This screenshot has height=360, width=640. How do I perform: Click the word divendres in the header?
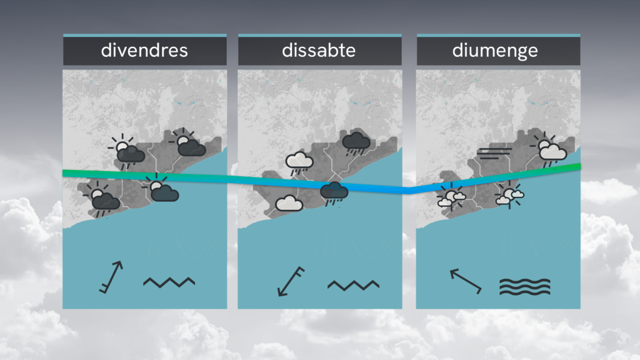coord(144,51)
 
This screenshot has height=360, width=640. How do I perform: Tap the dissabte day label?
coord(319,51)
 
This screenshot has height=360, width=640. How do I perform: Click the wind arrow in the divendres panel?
coord(111,277)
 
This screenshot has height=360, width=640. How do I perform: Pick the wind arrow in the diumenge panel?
coord(466,281)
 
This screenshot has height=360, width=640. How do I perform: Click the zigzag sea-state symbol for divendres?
coord(169,282)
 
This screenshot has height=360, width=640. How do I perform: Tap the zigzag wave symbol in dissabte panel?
coord(354,285)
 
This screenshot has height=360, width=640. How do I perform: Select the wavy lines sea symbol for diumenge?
coord(525,287)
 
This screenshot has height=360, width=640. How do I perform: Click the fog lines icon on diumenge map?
coord(494,154)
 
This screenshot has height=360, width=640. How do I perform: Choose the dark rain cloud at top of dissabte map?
coord(356,143)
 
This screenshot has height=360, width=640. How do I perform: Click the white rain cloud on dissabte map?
coord(299,163)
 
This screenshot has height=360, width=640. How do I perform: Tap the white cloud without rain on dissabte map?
coord(289,203)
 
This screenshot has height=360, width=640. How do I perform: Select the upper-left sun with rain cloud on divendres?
coord(126,151)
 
